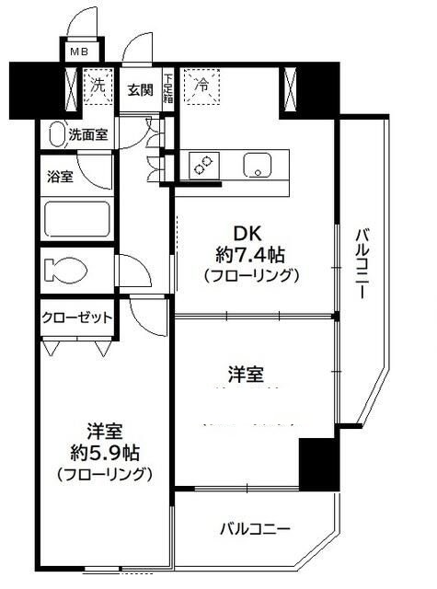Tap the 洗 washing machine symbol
tap(98, 85)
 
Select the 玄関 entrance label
tap(140, 89)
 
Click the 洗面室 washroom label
tap(89, 134)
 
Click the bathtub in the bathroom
tap(79, 219)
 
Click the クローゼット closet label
tap(75, 318)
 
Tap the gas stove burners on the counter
tap(204, 165)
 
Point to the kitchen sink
tap(257, 167)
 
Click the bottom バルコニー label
tap(255, 530)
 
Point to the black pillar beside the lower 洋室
tap(317, 464)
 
